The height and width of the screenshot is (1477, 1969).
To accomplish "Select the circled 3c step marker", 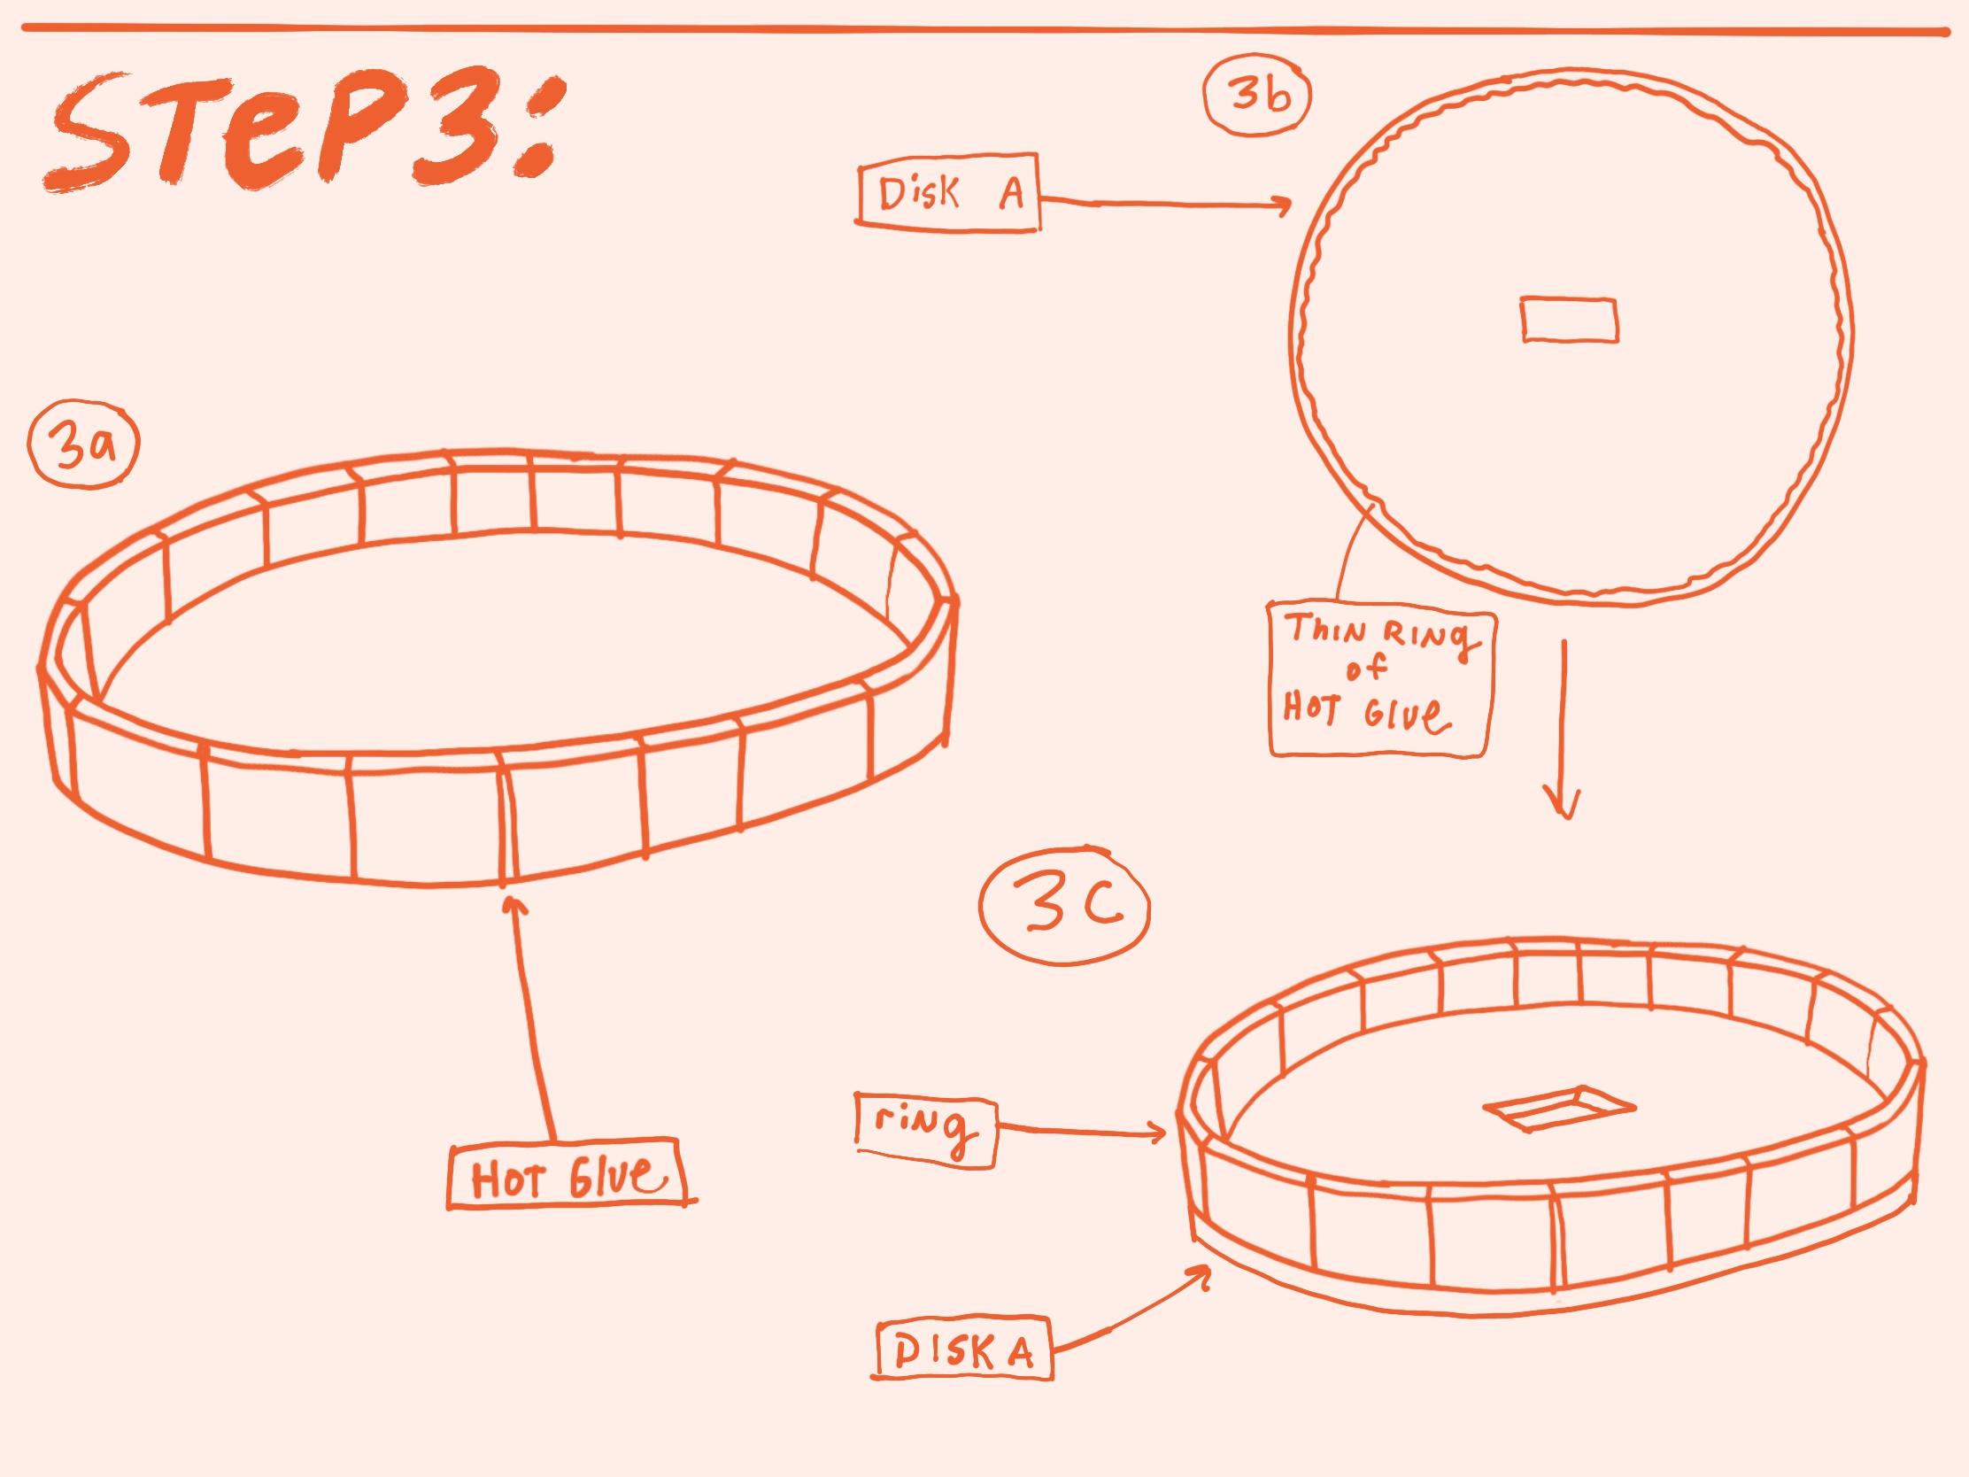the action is tap(1064, 908).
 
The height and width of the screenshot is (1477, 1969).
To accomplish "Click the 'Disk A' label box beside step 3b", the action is tap(949, 197).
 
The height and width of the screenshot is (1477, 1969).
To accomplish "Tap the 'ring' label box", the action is tap(926, 1130).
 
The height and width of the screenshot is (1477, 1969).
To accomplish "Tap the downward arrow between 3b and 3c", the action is tap(1565, 726).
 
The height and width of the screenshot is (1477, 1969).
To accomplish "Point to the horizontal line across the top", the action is tap(984, 30).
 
